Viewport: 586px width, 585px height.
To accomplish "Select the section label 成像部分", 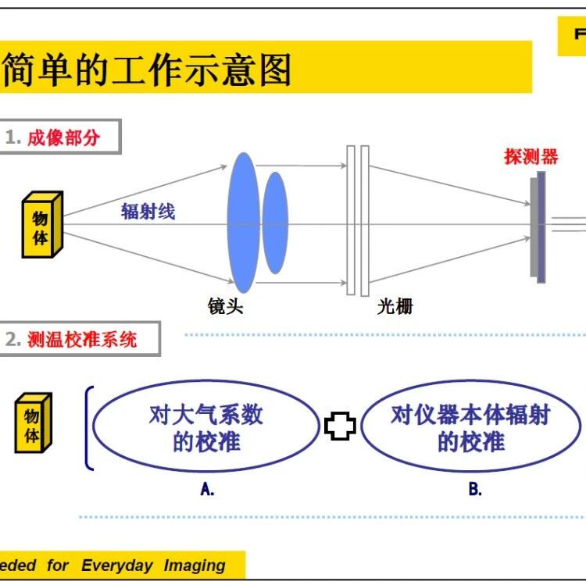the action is click(64, 138).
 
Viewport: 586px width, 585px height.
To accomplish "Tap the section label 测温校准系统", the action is click(82, 339).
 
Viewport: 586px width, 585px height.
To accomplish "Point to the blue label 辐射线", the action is click(148, 211).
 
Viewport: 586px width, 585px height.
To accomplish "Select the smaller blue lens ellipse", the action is click(274, 223).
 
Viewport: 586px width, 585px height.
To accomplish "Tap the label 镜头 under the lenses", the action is click(226, 306).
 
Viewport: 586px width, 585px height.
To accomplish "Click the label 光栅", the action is click(395, 306).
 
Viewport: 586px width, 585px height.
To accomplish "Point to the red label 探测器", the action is click(531, 156).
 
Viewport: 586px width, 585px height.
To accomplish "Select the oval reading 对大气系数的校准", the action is click(206, 428).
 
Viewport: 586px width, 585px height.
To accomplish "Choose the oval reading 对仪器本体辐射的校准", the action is click(470, 428).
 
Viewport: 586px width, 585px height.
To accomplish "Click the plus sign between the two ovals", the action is click(340, 426).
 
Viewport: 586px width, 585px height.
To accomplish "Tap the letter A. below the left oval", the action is click(207, 490).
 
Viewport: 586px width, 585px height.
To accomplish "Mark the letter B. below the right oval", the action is click(475, 490).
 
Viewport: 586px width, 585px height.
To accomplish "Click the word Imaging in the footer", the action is click(195, 565).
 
